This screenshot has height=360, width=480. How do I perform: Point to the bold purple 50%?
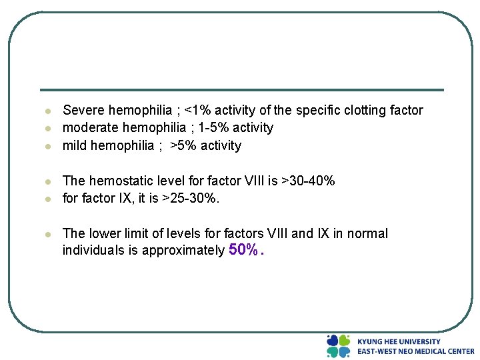[243, 250]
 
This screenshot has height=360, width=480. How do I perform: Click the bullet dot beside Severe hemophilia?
[48, 111]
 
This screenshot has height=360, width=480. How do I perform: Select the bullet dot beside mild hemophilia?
[48, 146]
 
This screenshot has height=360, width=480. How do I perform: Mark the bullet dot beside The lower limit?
[48, 234]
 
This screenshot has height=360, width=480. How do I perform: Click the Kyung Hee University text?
[399, 341]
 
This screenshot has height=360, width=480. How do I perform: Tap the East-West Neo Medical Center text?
[415, 351]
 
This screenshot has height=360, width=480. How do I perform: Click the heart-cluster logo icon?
[338, 346]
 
